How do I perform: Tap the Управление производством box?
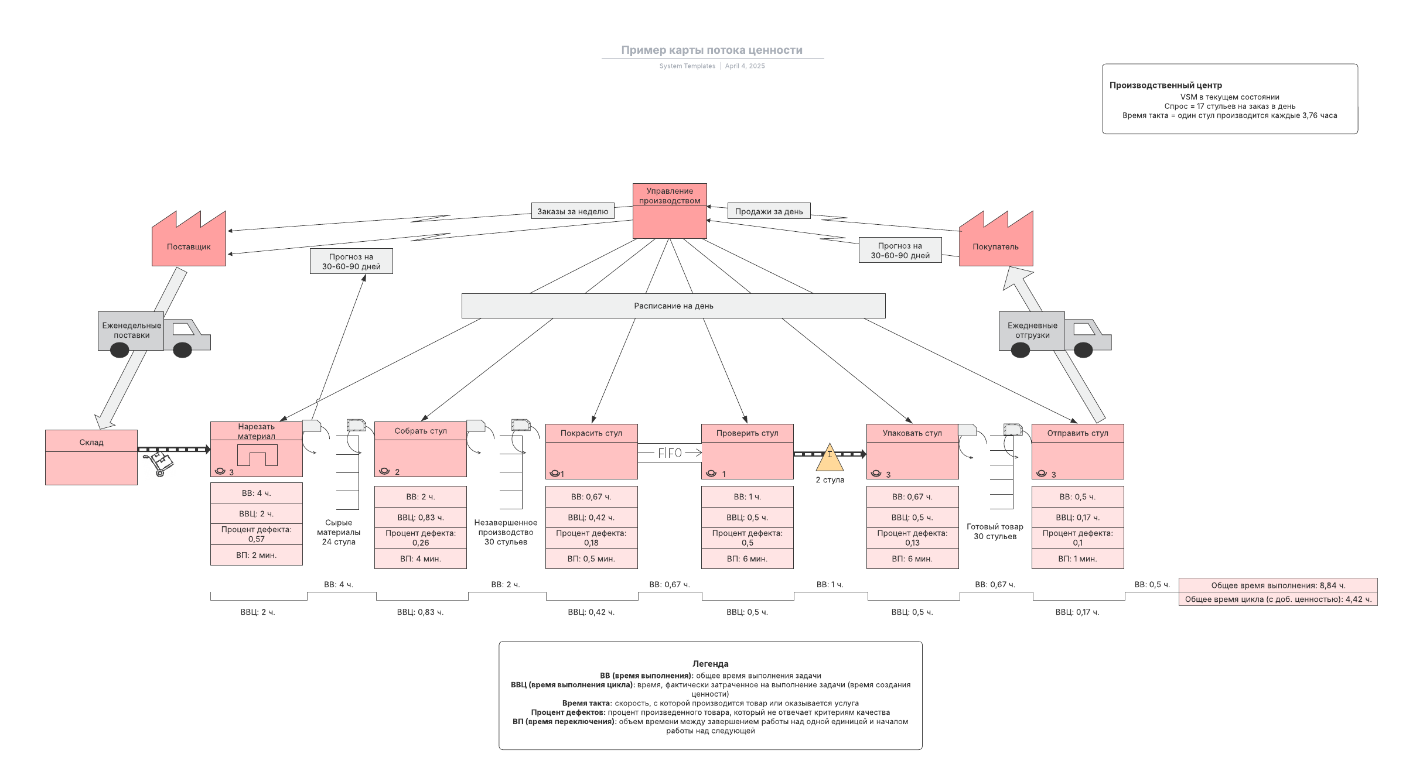[x=670, y=211]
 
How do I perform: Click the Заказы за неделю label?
[x=572, y=211]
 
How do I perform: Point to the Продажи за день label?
[x=769, y=211]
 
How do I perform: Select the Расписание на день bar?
[x=673, y=306]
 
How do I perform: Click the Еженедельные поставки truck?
[x=153, y=333]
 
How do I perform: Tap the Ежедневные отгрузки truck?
[x=1054, y=333]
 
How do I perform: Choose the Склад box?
[x=91, y=457]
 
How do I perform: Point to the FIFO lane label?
[x=670, y=453]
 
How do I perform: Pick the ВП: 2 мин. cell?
[x=256, y=555]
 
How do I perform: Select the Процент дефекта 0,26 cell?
[x=420, y=537]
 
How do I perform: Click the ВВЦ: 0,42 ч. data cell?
[x=591, y=517]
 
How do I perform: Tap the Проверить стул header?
[x=747, y=433]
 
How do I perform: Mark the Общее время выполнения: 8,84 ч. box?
[x=1278, y=585]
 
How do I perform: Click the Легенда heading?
[x=710, y=664]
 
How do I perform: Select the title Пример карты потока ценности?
[x=712, y=50]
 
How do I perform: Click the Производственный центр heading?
[x=1165, y=85]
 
